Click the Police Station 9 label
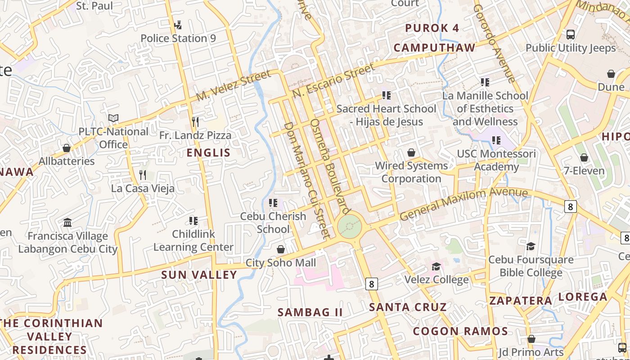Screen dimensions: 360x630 (x=178, y=38)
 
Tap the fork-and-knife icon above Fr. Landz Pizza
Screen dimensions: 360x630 (x=195, y=122)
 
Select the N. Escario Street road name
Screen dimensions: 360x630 (x=333, y=81)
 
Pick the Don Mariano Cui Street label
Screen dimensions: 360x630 (x=307, y=180)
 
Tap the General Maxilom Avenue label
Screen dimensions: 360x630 (x=463, y=204)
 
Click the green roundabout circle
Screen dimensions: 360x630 (x=350, y=226)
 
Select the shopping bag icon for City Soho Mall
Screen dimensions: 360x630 (x=281, y=249)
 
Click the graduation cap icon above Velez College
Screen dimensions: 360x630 (x=436, y=266)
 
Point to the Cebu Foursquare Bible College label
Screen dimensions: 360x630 (x=531, y=266)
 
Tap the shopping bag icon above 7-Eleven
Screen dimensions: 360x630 (x=584, y=157)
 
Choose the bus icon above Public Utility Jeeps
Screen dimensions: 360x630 (x=571, y=34)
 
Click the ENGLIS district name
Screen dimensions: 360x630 (x=208, y=153)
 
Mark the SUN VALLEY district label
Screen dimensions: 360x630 (x=199, y=274)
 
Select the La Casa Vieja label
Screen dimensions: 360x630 (x=143, y=188)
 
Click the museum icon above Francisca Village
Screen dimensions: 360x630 (x=67, y=222)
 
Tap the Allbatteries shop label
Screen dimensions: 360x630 (x=67, y=161)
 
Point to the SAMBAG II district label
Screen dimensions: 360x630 (x=310, y=312)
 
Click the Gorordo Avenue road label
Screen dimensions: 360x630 (x=494, y=44)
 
